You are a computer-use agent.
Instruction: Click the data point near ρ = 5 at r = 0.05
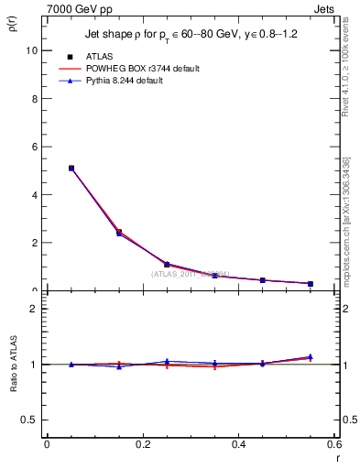click(71, 169)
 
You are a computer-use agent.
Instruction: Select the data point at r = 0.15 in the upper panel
click(119, 233)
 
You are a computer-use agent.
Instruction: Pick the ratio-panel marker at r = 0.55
click(311, 357)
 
